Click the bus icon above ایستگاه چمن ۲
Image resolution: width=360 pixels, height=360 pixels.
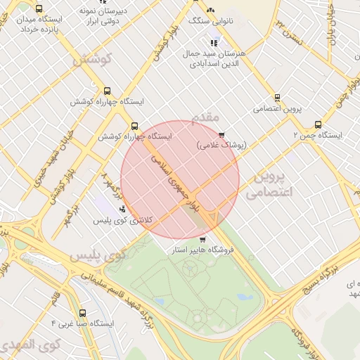319,124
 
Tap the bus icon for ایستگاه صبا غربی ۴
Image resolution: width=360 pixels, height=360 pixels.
83,313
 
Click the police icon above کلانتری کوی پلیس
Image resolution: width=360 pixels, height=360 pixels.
123,208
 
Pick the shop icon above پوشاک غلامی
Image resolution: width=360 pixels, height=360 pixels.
222,134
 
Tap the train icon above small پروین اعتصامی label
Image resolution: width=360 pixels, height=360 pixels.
276,98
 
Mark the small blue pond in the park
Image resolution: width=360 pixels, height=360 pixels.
247,297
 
